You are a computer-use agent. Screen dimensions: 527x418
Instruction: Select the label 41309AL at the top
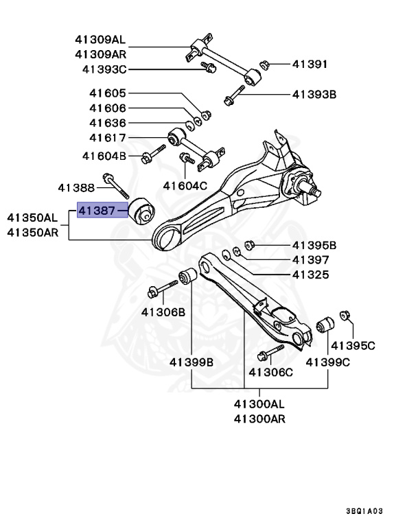(102, 40)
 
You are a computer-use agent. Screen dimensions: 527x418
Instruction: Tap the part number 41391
(310, 65)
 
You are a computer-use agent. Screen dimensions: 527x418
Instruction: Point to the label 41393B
(314, 94)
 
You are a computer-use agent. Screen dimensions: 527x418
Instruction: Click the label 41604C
(185, 185)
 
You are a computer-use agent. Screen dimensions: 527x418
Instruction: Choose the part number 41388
(76, 187)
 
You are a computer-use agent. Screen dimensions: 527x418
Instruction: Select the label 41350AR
(33, 232)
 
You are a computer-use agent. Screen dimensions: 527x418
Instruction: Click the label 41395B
(314, 245)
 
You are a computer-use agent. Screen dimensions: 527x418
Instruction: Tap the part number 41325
(310, 274)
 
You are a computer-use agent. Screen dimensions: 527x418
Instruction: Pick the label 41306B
(163, 312)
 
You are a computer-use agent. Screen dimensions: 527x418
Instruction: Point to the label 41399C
(327, 361)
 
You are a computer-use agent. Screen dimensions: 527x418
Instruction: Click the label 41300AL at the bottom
(259, 405)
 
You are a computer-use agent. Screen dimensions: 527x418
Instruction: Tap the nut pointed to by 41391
(263, 65)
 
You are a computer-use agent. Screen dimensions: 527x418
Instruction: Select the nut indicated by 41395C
(345, 316)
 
